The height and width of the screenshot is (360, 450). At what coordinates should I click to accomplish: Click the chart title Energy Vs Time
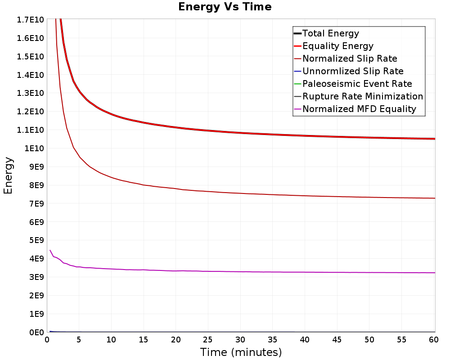tap(225, 7)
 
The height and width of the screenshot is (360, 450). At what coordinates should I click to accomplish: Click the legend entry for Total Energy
tap(326, 33)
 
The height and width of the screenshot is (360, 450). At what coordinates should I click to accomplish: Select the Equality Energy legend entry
tap(334, 46)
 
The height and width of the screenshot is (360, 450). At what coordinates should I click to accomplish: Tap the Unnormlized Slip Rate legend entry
tap(349, 71)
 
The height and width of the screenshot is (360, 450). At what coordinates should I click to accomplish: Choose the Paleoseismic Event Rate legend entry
tap(353, 84)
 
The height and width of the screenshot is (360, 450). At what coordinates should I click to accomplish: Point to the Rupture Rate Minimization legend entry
tap(359, 96)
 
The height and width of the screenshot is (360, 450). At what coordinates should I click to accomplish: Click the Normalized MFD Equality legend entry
tap(355, 109)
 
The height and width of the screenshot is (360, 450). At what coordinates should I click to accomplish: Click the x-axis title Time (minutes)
tap(241, 352)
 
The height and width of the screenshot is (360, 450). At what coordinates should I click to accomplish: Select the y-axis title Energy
tap(8, 175)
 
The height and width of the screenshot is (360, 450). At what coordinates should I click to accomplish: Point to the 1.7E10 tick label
tap(31, 20)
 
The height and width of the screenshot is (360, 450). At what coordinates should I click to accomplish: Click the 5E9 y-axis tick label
tap(36, 240)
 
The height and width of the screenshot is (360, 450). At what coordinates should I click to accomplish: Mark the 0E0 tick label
tap(36, 332)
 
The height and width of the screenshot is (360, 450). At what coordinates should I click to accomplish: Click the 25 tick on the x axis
tap(208, 340)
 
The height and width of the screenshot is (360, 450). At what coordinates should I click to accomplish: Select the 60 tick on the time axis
tap(434, 340)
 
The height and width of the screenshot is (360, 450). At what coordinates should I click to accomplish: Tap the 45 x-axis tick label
tap(337, 340)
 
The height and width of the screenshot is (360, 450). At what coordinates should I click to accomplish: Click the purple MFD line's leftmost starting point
tap(50, 250)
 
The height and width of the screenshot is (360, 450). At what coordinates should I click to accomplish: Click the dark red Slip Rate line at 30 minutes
tap(241, 193)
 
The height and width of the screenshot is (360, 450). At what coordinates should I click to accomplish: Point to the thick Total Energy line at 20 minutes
tap(176, 127)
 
